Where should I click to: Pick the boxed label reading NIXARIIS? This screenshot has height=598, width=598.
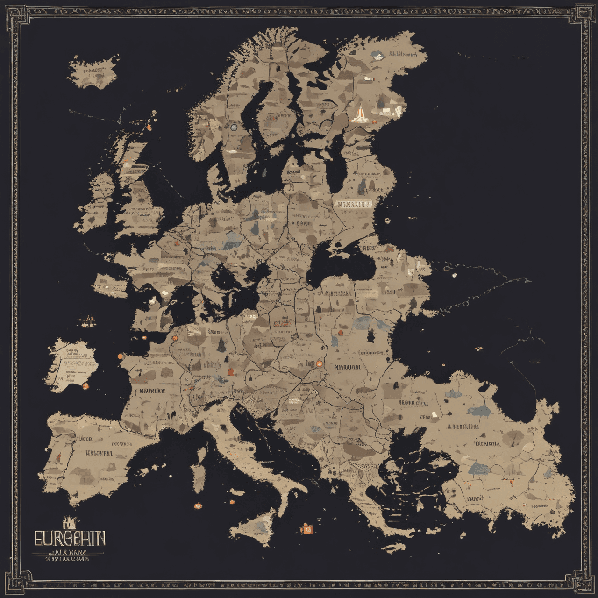pyautogui.click(x=353, y=204)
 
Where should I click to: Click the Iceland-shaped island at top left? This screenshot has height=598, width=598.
pyautogui.click(x=93, y=71)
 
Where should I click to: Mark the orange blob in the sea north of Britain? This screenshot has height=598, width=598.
pyautogui.click(x=149, y=126)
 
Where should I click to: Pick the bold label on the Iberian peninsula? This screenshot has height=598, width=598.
pyautogui.click(x=99, y=453)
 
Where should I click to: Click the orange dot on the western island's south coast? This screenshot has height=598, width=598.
pyautogui.click(x=85, y=386)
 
